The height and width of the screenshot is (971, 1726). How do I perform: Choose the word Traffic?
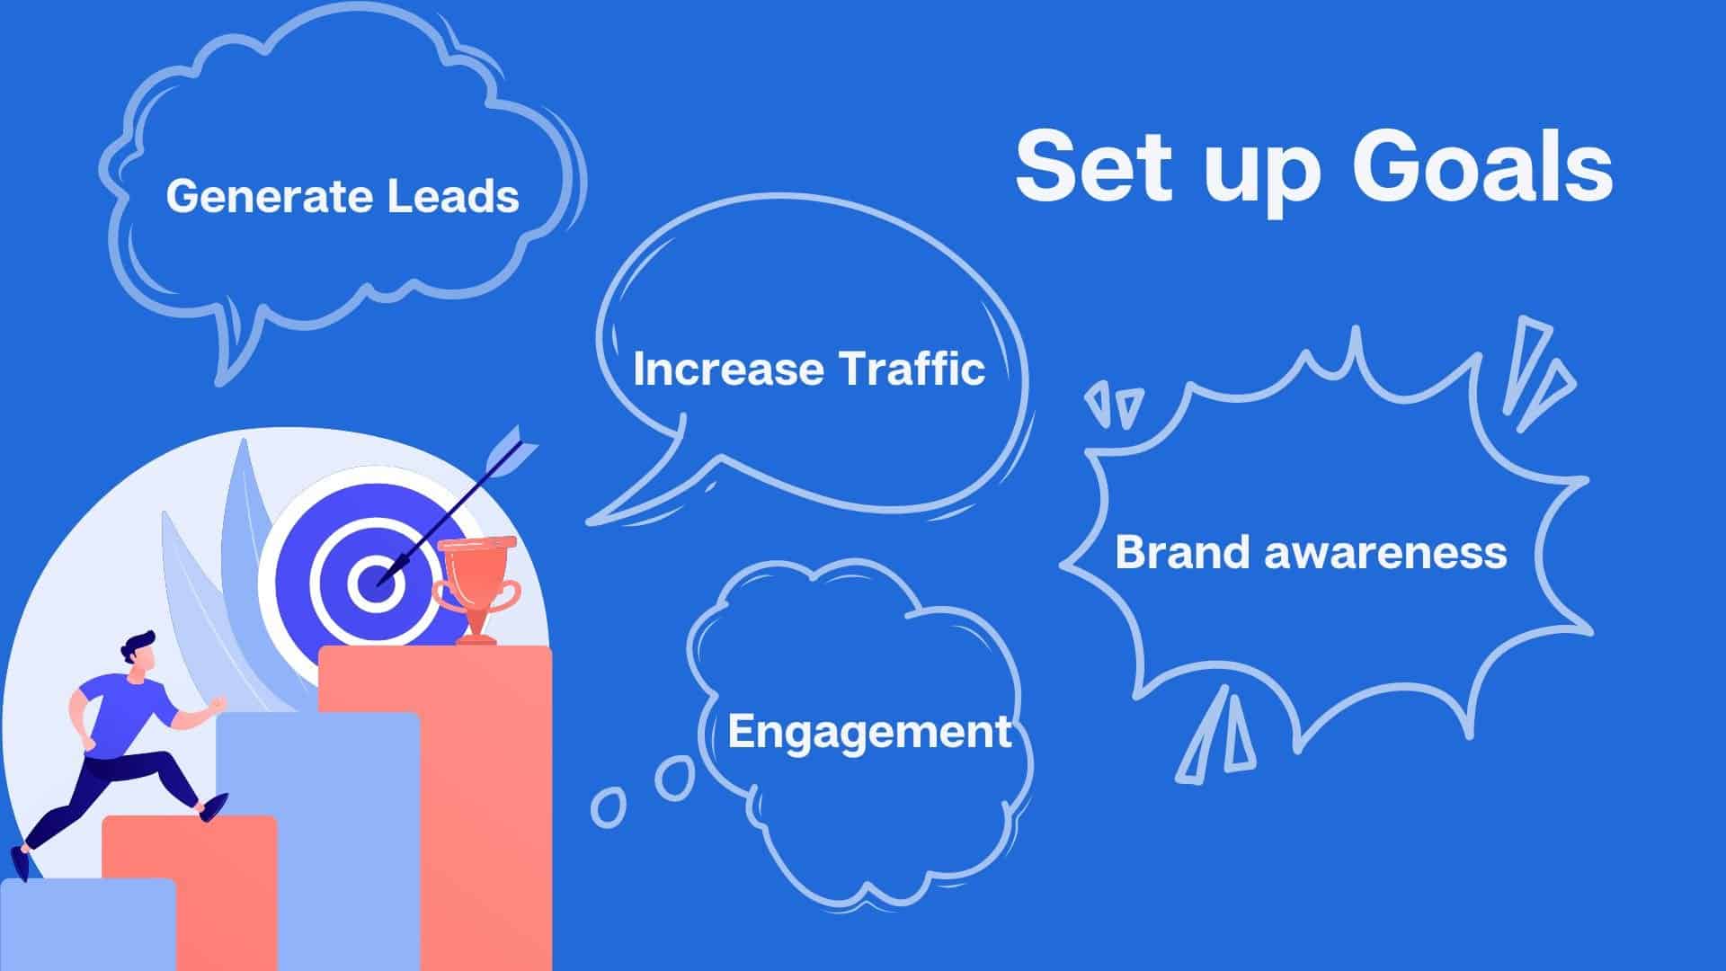pos(912,369)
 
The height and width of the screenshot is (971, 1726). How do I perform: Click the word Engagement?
pos(869,733)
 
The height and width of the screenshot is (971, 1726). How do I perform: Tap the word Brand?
pos(1183,551)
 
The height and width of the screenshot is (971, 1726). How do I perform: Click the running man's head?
pos(140,652)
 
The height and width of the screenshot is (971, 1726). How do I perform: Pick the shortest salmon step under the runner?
pos(189,892)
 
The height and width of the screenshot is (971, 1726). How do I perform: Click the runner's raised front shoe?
pos(213,807)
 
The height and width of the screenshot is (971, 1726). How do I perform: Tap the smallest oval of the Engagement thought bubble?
pos(608,806)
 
